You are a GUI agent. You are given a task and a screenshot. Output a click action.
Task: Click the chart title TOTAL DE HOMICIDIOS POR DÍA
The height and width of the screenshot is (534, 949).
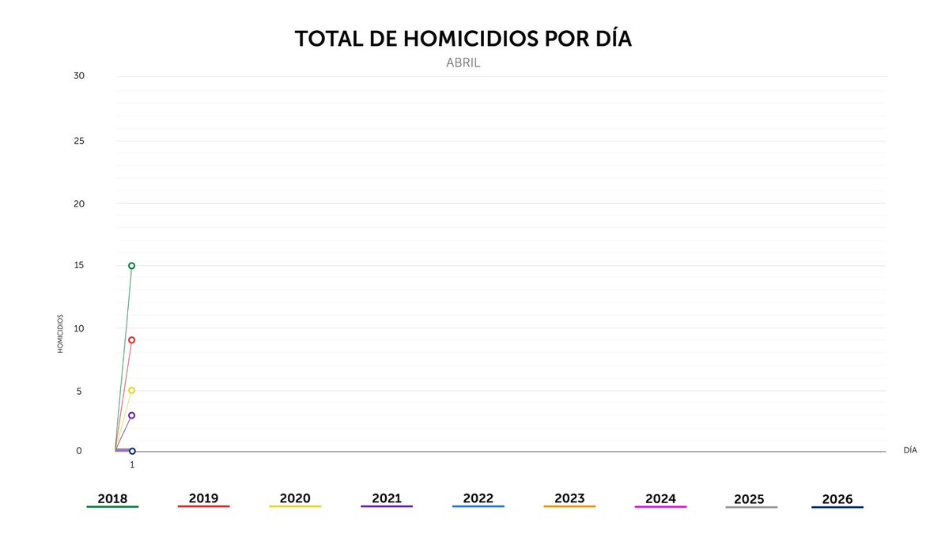[x=463, y=40]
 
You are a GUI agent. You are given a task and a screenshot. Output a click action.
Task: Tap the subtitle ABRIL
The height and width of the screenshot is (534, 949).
[x=463, y=63]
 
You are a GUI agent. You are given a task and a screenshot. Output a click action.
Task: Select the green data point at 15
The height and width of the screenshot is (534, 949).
[x=132, y=266]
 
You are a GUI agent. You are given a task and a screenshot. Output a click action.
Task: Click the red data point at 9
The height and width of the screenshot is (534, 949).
[x=132, y=340]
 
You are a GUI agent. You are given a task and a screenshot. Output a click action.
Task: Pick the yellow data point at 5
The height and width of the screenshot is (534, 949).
[x=132, y=390]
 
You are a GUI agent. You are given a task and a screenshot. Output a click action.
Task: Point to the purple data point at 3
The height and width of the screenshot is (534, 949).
[x=132, y=415]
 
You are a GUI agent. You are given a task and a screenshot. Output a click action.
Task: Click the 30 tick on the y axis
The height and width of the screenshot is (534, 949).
[x=78, y=76]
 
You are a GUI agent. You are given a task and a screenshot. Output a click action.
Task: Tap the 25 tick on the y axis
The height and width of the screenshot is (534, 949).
[x=78, y=141]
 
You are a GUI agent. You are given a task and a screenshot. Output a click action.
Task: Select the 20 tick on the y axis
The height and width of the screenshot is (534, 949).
[x=78, y=203]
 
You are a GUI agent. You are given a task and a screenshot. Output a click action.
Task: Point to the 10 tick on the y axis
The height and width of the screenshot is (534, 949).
[x=78, y=328]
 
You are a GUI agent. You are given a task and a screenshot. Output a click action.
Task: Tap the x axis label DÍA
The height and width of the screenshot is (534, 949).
[x=910, y=450]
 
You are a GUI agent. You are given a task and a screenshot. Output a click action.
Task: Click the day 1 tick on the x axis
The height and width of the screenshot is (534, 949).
[x=132, y=465]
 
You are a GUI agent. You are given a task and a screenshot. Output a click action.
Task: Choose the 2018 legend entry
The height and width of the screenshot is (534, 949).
[x=112, y=499]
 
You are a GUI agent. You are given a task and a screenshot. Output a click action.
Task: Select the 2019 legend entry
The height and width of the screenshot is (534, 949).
[x=203, y=499]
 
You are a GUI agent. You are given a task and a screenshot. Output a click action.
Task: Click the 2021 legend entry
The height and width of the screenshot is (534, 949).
[x=387, y=499]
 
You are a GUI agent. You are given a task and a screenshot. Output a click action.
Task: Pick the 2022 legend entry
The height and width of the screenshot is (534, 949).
[x=478, y=499]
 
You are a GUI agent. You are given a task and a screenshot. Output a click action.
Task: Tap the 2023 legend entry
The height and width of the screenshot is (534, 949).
[x=569, y=499]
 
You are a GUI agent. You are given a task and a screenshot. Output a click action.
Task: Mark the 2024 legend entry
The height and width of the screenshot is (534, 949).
[x=660, y=499]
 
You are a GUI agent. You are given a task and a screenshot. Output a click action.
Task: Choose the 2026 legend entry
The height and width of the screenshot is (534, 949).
[x=837, y=500]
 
